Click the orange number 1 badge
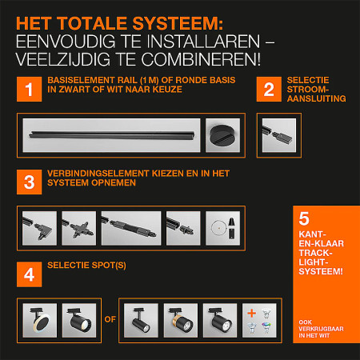(x=30, y=90)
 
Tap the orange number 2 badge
(x=268, y=90)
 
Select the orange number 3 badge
(x=30, y=182)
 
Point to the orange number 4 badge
(x=30, y=274)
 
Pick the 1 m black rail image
(x=111, y=134)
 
